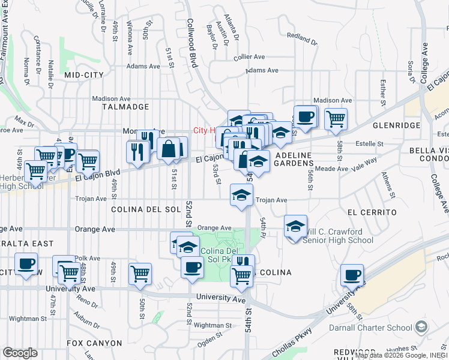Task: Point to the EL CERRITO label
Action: point(372,212)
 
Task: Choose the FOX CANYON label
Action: point(94,343)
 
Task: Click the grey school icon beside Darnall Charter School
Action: point(421,327)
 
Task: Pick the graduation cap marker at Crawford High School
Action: point(295,226)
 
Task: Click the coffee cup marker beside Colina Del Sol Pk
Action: point(192,267)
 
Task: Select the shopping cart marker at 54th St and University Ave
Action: point(242,276)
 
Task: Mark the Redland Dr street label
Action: point(302,39)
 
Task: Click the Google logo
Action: point(20,352)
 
